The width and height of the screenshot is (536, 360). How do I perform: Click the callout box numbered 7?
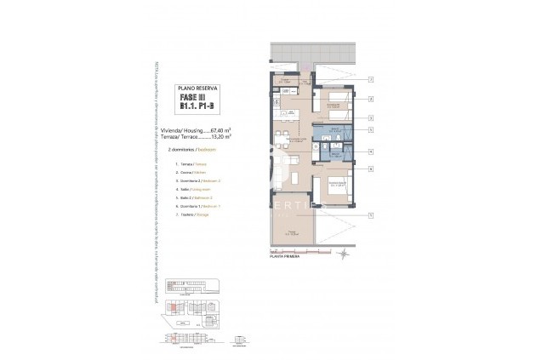point(372,216)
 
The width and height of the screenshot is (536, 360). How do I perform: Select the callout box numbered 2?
point(372,100)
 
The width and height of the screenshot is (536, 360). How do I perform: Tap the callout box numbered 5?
point(372,151)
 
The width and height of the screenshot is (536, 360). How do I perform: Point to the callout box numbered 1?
point(372,79)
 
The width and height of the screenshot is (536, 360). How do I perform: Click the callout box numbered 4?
point(372,129)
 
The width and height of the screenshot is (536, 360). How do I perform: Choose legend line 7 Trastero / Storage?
point(191,214)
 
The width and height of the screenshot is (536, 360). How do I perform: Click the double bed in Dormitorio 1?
point(337,194)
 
